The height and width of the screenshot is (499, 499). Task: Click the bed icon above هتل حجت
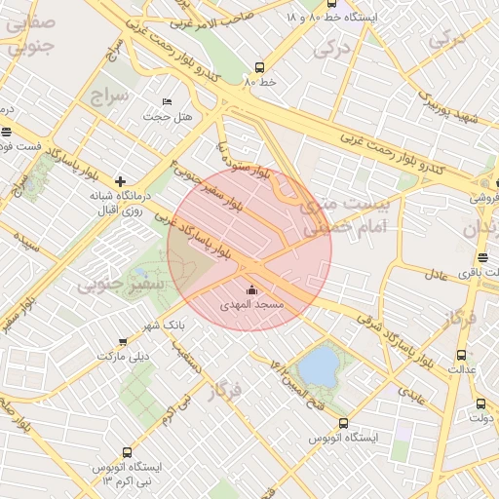[167, 101]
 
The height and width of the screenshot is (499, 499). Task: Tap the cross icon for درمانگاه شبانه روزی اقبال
[120, 181]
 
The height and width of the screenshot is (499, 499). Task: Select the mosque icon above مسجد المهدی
[252, 289]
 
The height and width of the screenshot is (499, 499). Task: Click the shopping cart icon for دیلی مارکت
[122, 341]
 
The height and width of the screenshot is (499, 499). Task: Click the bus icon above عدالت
[461, 355]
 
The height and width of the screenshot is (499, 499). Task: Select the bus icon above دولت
[480, 403]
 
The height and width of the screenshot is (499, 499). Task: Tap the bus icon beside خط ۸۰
[259, 67]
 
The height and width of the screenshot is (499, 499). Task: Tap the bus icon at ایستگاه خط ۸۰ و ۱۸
[332, 4]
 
